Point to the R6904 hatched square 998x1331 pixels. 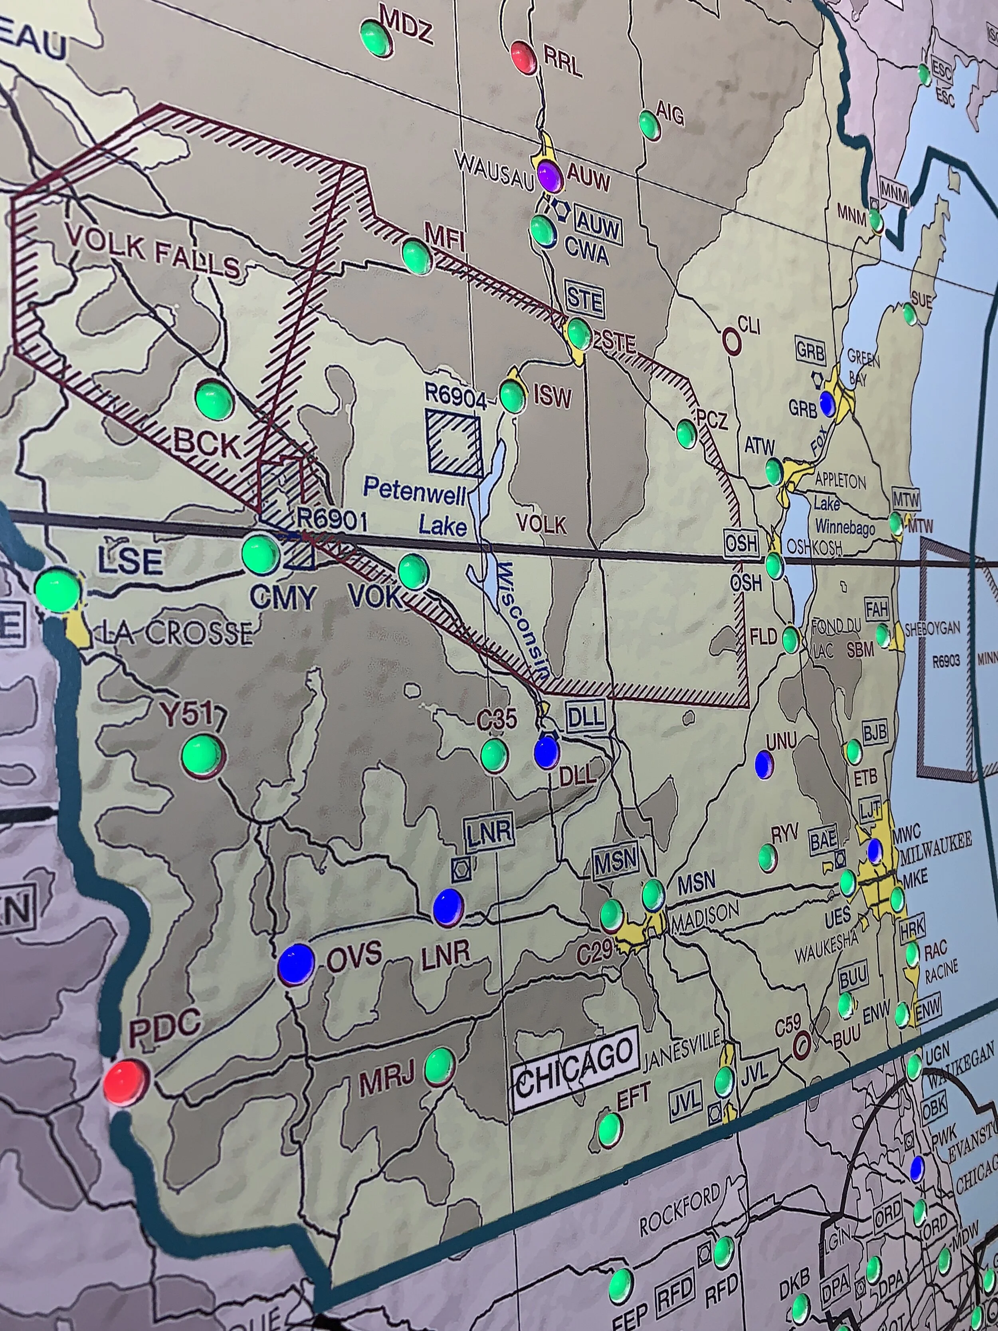click(455, 442)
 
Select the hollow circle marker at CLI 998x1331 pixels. click(731, 341)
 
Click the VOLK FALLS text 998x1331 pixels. click(153, 253)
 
